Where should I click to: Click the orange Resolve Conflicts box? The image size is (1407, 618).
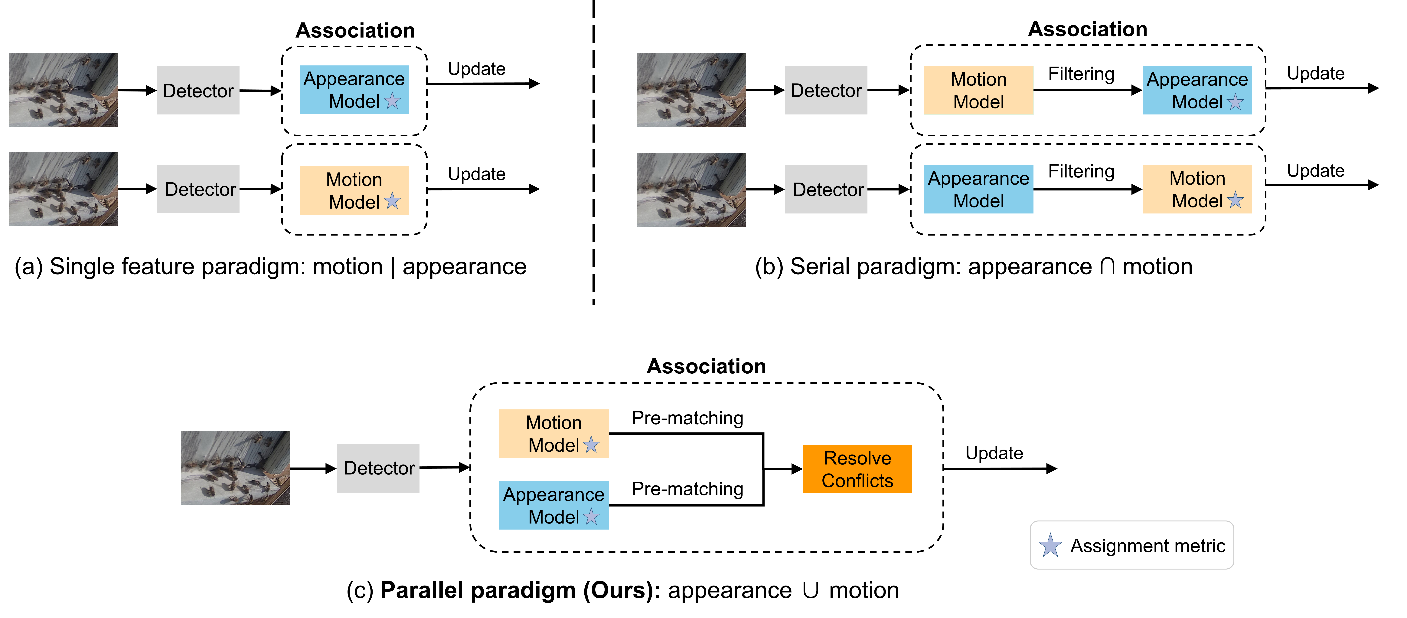click(857, 469)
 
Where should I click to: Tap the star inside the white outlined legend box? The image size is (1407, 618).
click(1050, 545)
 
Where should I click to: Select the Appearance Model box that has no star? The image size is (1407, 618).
click(978, 189)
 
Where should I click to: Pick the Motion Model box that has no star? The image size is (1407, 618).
click(978, 90)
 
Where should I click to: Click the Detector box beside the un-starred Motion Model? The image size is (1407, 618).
click(826, 90)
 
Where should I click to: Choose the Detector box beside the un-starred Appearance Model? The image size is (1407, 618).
click(826, 189)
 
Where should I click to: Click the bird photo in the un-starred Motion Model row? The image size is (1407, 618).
click(691, 90)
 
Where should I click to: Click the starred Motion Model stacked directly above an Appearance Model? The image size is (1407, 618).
click(553, 433)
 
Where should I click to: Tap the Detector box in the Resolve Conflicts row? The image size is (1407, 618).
click(378, 468)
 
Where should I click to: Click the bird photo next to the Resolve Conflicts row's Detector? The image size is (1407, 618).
click(235, 468)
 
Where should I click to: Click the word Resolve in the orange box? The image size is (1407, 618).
click(857, 458)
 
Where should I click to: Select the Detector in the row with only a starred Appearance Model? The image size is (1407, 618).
click(198, 90)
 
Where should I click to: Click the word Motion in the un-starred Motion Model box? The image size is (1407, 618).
click(978, 79)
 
